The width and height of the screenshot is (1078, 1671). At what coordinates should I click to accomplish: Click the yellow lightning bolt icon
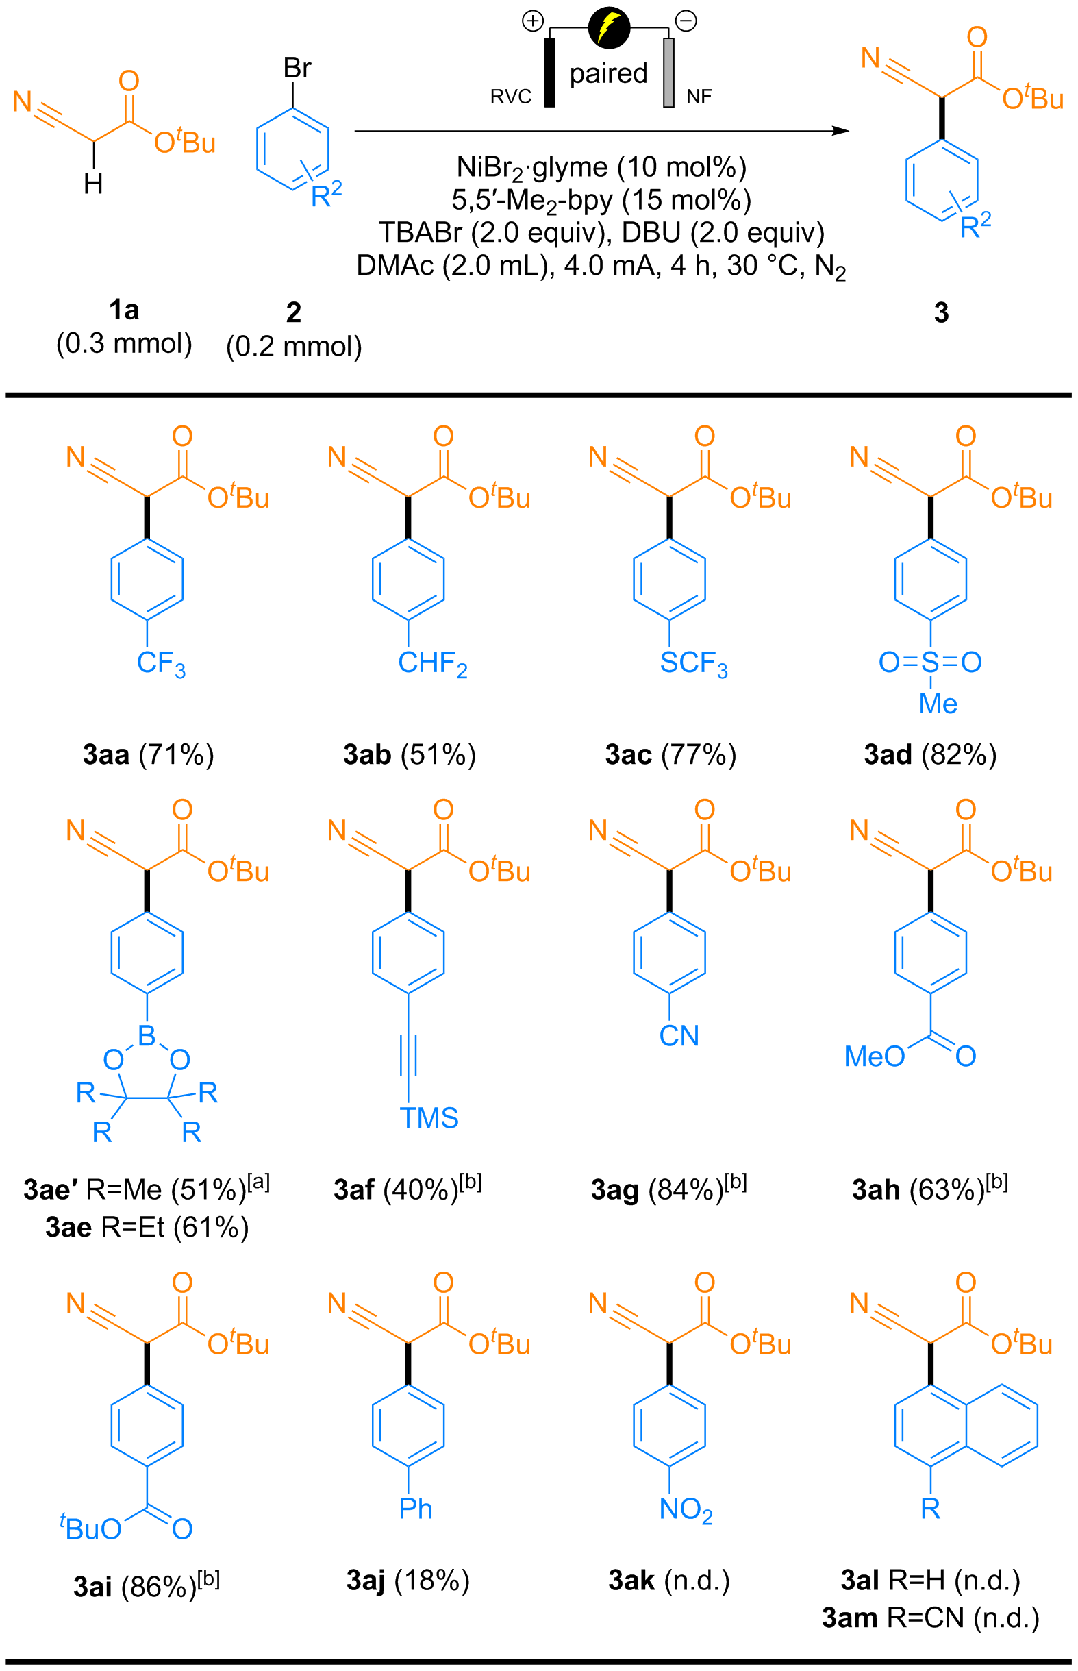tap(609, 28)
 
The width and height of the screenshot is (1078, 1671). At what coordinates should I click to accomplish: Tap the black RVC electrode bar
tap(550, 73)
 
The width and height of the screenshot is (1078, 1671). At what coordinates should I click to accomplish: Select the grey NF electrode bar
tap(668, 73)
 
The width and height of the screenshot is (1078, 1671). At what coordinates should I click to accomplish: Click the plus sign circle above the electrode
tap(533, 22)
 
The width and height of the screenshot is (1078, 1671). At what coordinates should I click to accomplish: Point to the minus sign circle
tap(686, 22)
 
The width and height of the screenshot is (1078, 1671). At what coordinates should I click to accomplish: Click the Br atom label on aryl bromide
tap(297, 69)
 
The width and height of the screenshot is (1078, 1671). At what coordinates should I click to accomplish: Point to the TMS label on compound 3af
tap(429, 1118)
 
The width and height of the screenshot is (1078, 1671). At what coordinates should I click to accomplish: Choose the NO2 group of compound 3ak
tap(686, 1510)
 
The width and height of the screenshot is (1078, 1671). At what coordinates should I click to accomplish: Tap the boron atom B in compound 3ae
tap(147, 1035)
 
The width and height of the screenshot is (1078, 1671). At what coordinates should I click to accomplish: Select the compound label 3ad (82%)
tap(929, 754)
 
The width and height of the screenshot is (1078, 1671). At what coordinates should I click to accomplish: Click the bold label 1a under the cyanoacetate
tap(124, 310)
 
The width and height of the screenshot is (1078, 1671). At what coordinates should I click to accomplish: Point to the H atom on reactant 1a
tap(93, 184)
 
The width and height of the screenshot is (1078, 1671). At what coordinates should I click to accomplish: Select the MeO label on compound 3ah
tap(875, 1057)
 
